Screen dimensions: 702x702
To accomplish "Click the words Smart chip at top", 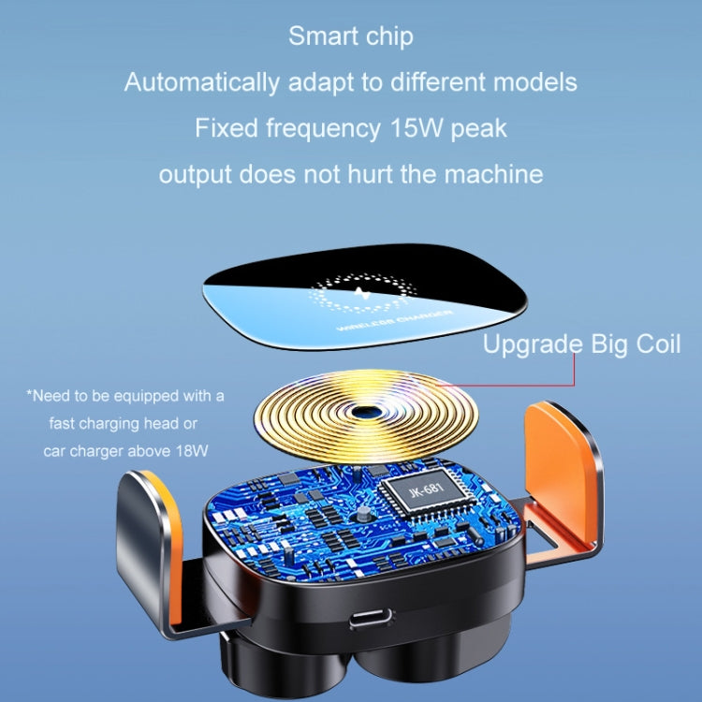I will pos(350,37).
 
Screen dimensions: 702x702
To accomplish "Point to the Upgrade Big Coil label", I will pos(581,344).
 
